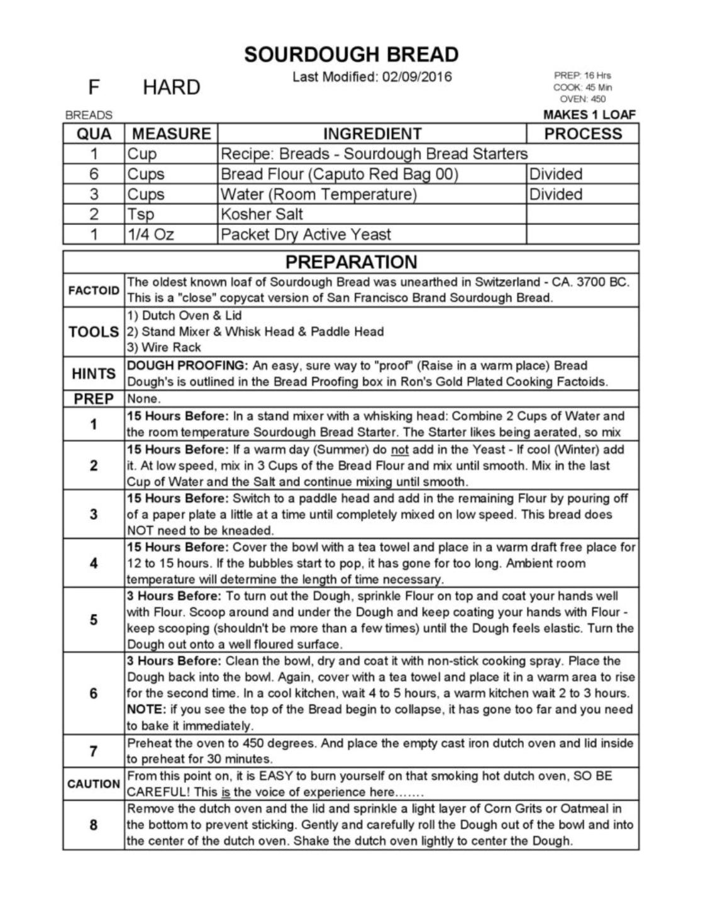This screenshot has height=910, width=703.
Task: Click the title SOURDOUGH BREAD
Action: (x=351, y=55)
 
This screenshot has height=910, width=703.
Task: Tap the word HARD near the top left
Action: (x=171, y=87)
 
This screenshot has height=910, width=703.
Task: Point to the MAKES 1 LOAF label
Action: (x=589, y=115)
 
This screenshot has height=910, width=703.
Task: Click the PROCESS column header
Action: (x=582, y=134)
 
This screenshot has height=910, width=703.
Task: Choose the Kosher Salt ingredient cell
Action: (x=262, y=214)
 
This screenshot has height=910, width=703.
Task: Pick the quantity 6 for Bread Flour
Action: (x=94, y=174)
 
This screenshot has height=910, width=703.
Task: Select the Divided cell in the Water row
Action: (x=556, y=194)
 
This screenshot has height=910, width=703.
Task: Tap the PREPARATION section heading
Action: (x=351, y=262)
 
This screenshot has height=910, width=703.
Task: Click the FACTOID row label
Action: (x=94, y=290)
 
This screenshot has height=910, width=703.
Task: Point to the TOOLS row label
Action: (x=94, y=332)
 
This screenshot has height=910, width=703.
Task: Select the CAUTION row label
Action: (x=94, y=784)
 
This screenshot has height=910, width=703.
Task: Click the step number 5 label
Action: (x=94, y=620)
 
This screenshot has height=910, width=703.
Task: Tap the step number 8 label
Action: (x=94, y=825)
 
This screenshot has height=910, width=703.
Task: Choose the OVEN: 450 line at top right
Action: (x=582, y=99)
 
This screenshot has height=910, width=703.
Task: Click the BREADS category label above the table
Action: (x=89, y=116)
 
